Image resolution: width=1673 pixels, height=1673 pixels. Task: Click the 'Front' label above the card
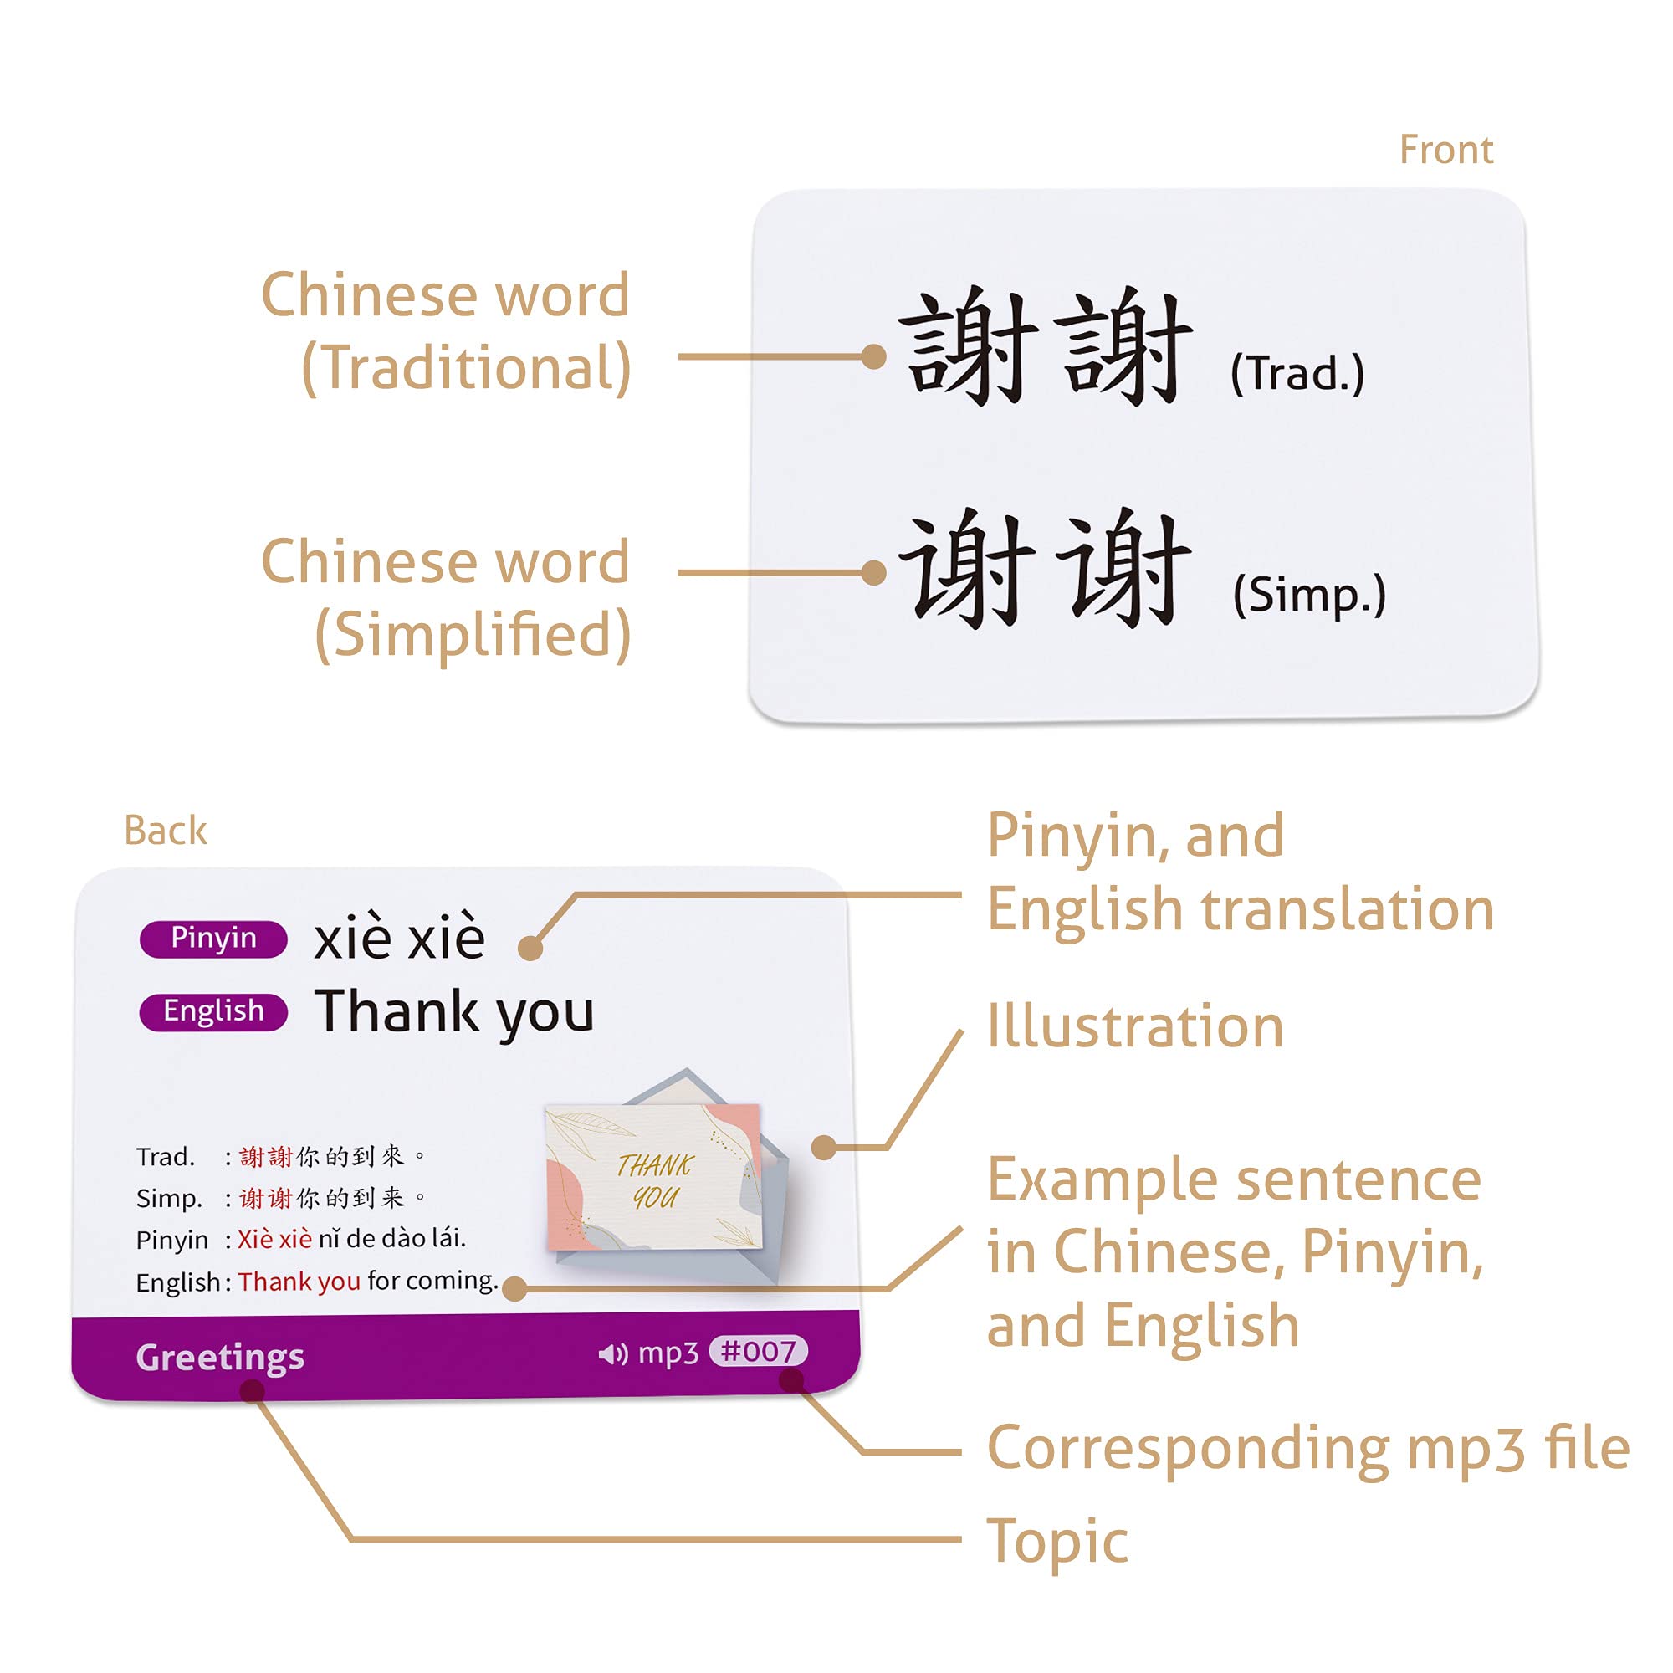tap(1445, 150)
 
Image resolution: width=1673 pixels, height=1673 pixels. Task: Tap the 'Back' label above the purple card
tap(166, 831)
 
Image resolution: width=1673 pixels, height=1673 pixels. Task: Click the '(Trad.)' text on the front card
tap(1297, 374)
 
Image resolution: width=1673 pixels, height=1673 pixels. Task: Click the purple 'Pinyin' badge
tap(213, 939)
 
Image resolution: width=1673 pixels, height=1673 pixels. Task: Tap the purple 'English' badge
tap(213, 1011)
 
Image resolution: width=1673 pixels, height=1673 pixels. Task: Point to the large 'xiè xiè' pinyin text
tap(399, 938)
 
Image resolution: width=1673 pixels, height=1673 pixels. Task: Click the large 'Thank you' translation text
tap(453, 1011)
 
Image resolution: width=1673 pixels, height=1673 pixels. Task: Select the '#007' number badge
tap(758, 1351)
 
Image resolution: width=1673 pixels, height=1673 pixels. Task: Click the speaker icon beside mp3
tap(613, 1353)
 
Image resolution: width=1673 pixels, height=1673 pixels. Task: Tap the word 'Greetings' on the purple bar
tap(220, 1357)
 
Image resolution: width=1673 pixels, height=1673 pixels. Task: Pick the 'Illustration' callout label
tap(1134, 1026)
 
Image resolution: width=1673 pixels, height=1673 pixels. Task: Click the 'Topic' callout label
tap(1056, 1542)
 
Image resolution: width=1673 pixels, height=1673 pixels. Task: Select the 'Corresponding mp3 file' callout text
tap(1307, 1448)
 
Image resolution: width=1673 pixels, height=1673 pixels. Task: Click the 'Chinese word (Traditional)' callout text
tap(446, 330)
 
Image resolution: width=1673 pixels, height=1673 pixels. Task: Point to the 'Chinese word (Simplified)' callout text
tap(446, 597)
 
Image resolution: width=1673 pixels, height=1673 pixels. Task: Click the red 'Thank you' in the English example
tap(299, 1282)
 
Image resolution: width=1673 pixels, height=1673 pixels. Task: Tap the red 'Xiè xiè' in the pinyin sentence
tap(274, 1239)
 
